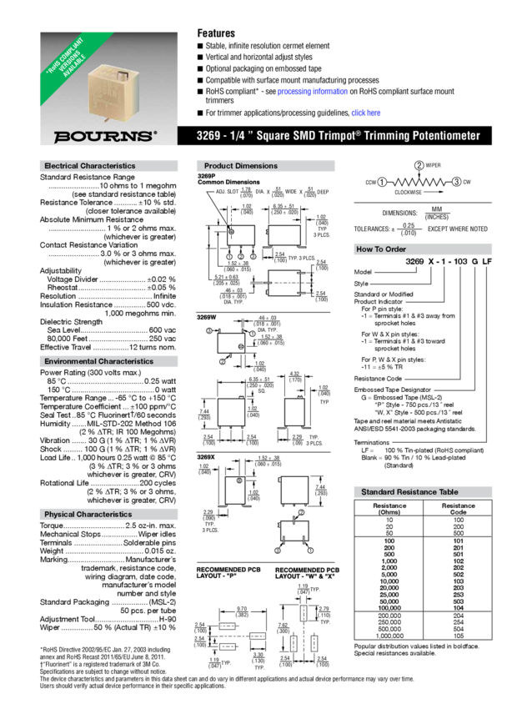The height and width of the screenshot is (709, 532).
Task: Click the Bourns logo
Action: coord(105,133)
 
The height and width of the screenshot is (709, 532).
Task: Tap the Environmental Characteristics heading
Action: coord(98,361)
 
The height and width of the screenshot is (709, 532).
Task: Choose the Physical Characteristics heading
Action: coord(88,514)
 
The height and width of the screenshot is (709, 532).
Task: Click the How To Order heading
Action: coord(381,249)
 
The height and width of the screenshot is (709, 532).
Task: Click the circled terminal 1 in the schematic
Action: coord(380,181)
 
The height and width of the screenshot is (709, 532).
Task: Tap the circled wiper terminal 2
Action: coord(419,163)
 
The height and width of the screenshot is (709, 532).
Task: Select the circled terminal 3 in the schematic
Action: coord(457,181)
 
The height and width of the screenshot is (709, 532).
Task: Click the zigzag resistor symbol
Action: coord(419,181)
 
